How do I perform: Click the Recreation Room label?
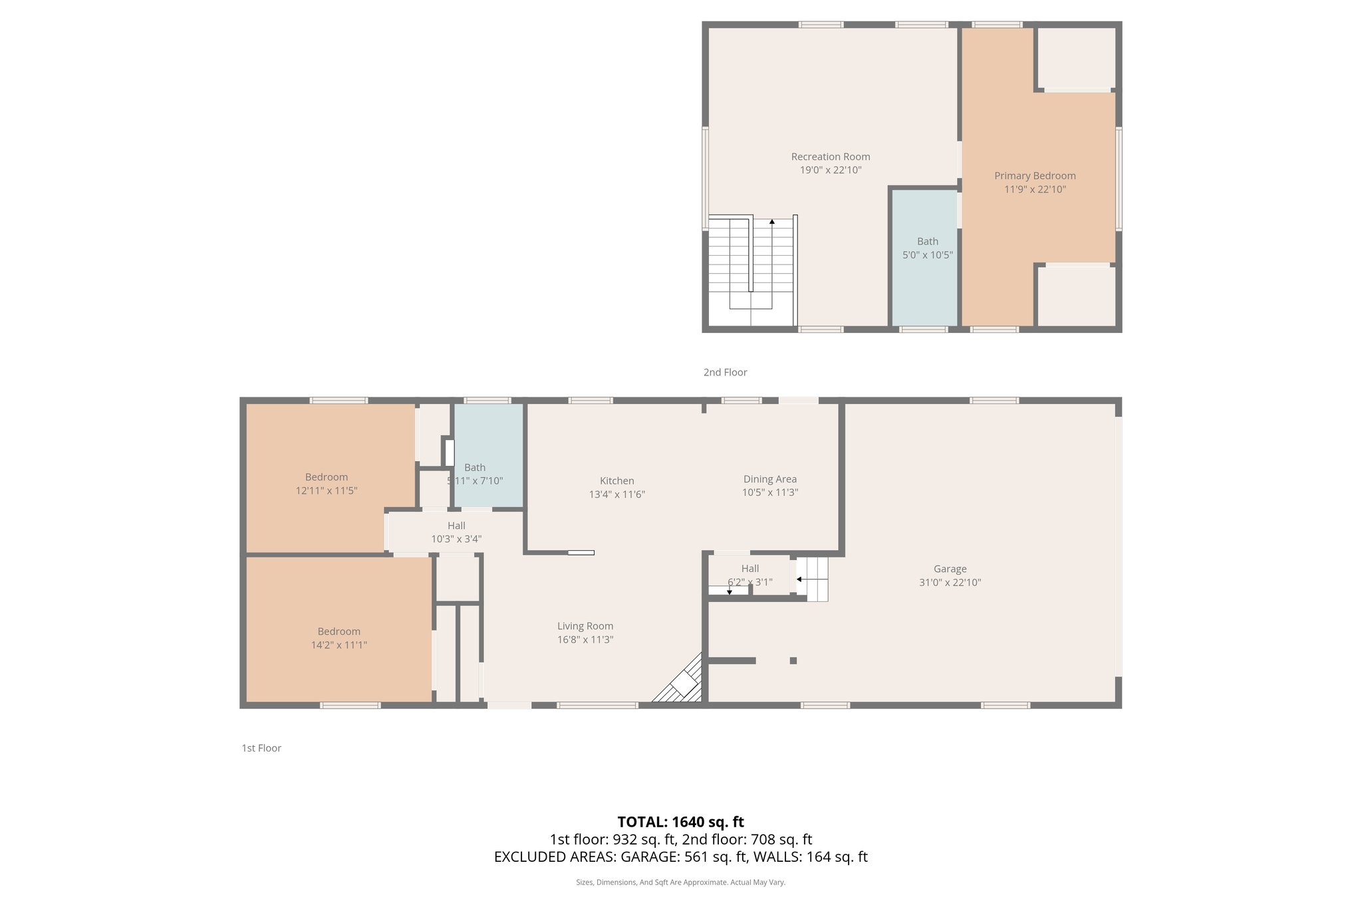(830, 157)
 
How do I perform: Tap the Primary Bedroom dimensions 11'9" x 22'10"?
(1034, 189)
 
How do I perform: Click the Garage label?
(950, 569)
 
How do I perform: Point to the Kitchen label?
(616, 480)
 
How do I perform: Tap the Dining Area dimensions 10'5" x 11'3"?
(769, 492)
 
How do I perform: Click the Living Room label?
(585, 626)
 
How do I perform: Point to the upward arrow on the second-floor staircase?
(771, 221)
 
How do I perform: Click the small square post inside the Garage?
(793, 660)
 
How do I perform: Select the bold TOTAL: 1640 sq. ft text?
(680, 822)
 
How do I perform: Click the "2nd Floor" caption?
(725, 372)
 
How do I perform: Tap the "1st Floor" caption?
(261, 748)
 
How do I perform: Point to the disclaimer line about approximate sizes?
(680, 882)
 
